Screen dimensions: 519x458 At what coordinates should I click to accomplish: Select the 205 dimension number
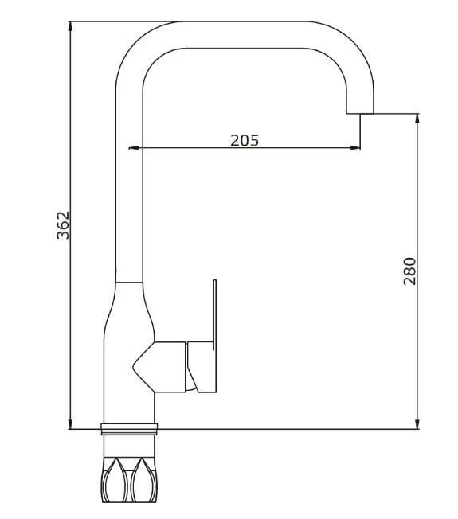tap(245, 140)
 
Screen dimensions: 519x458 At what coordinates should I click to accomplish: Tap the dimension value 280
tap(409, 271)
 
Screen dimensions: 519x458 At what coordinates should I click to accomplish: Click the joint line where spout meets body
tap(129, 283)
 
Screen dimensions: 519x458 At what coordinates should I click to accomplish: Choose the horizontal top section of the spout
tap(247, 34)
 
